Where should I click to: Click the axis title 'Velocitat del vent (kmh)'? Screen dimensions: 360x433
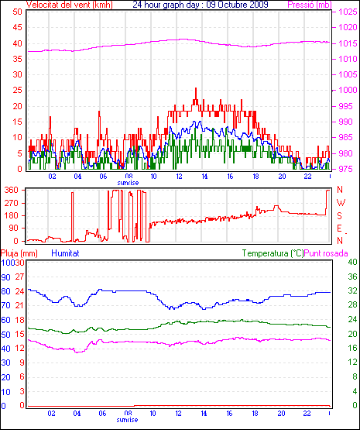click(70, 5)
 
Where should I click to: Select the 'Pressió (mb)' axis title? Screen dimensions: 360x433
click(310, 5)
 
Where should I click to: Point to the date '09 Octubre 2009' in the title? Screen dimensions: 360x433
click(237, 5)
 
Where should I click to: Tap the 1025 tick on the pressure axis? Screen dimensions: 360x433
click(348, 12)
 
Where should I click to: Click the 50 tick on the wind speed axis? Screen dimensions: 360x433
click(17, 12)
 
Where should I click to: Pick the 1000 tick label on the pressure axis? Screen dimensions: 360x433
click(348, 90)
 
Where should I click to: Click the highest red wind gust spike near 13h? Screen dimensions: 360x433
click(196, 88)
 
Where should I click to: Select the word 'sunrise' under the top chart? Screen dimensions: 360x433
click(128, 183)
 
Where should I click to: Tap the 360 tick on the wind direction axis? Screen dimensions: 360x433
click(12, 190)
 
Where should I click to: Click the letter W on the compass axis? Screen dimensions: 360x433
click(341, 203)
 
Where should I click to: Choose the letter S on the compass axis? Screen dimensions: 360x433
click(339, 215)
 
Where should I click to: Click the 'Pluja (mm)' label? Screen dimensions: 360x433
click(19, 253)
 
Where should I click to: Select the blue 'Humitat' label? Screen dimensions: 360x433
click(65, 253)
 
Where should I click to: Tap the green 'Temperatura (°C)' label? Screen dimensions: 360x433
click(273, 253)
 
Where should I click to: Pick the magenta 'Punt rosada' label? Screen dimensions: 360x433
click(326, 253)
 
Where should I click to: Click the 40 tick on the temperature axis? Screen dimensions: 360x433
click(352, 262)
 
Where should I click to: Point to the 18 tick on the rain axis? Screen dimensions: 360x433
click(19, 320)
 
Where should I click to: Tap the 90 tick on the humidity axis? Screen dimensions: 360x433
click(5, 277)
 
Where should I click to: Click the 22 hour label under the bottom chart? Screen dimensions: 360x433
click(307, 414)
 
